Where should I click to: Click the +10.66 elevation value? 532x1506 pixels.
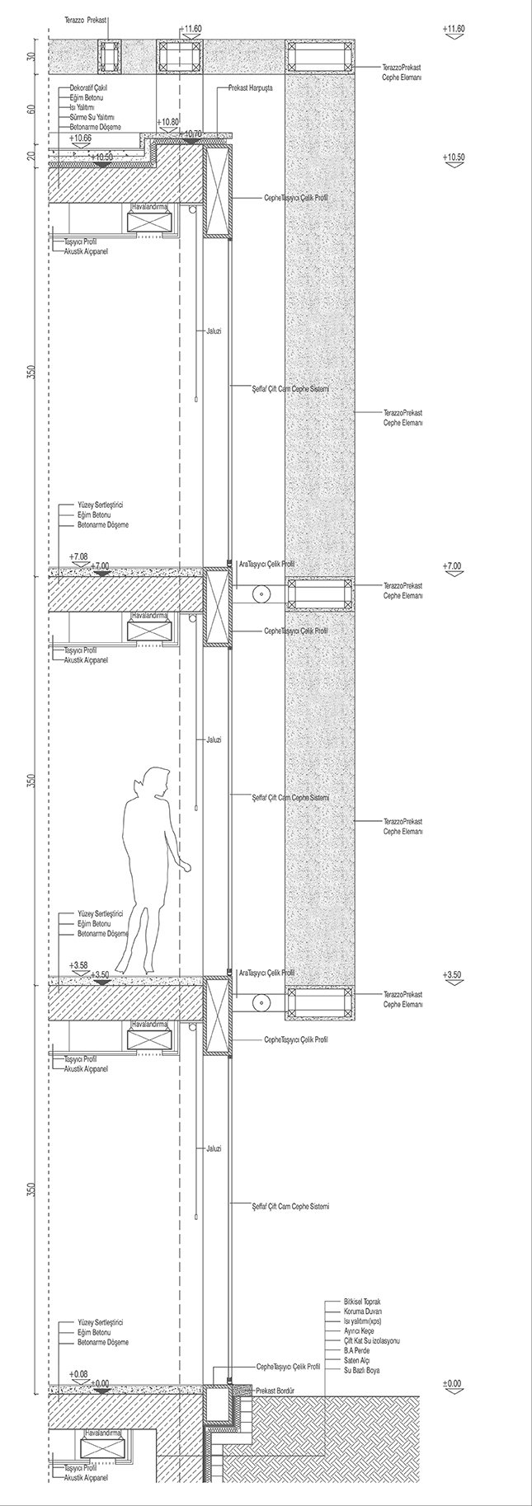[81, 138]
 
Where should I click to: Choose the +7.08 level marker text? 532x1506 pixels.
[79, 556]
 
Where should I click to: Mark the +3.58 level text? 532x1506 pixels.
[79, 964]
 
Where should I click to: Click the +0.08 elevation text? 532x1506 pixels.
[79, 1374]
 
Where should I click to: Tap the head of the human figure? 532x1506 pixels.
[155, 780]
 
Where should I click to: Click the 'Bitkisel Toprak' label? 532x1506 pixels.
[363, 1302]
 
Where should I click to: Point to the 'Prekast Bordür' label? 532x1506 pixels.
[275, 1390]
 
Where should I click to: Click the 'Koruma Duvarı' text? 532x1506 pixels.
[363, 1311]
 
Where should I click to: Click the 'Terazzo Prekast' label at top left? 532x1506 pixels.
[87, 16]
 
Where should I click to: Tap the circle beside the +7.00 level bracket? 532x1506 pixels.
[261, 593]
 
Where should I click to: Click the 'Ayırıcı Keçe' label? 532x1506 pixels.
[360, 1331]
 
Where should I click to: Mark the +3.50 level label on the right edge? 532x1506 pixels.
[453, 974]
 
